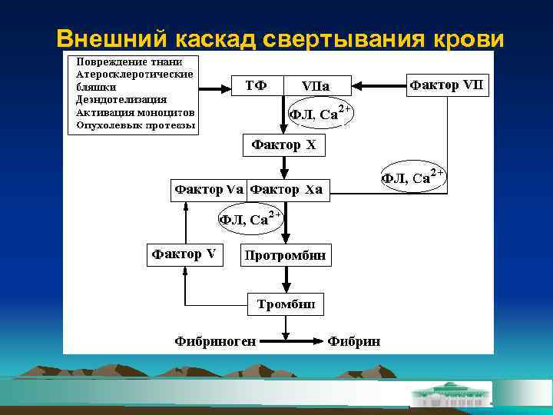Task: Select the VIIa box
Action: click(x=316, y=86)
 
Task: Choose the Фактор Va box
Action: click(x=209, y=189)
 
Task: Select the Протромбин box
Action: click(x=286, y=255)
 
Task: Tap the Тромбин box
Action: click(x=286, y=304)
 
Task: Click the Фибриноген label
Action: click(x=215, y=339)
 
